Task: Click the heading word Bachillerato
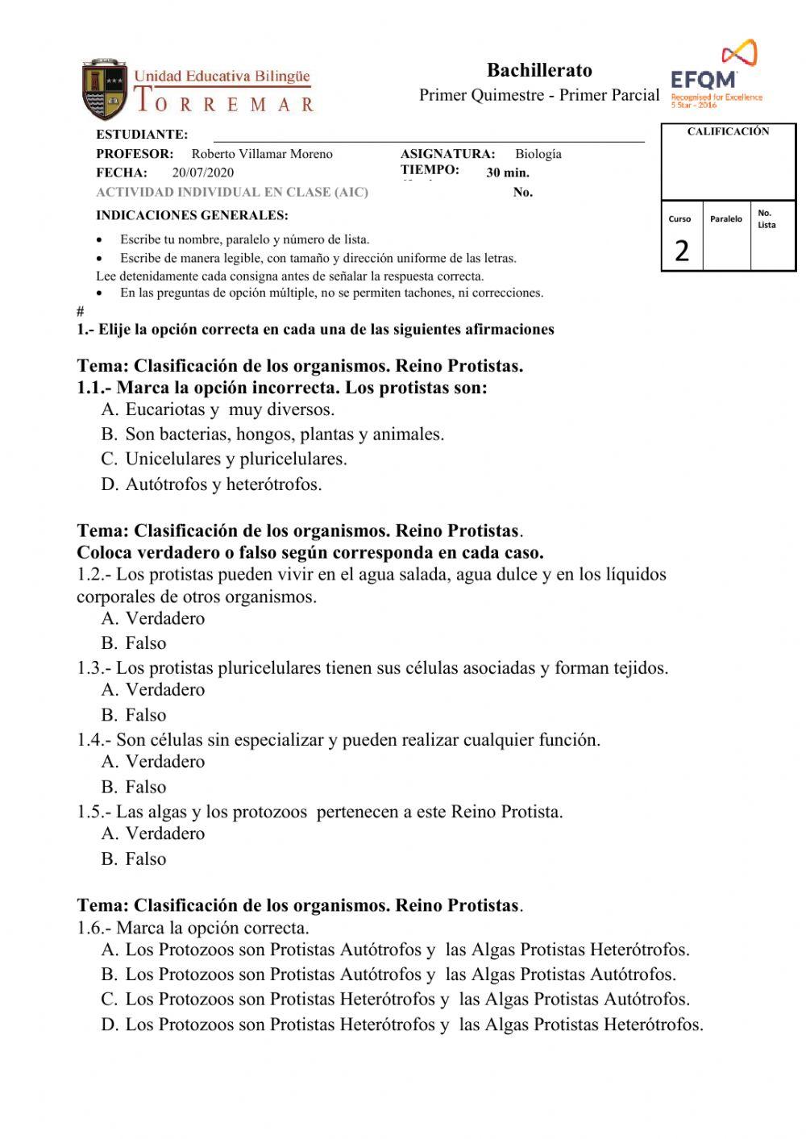pos(539,70)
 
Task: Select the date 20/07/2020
pos(203,173)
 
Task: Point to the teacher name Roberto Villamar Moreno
pos(262,154)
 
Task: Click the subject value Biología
pos(538,154)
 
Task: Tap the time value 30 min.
pos(508,173)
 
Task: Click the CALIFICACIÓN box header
pos(728,131)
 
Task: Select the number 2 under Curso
pos(682,251)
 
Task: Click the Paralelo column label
pos(726,218)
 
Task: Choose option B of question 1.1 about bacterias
pos(284,434)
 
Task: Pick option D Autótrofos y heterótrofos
pos(223,484)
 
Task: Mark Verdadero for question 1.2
pos(164,618)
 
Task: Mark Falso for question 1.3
pos(145,715)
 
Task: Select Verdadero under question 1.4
pos(164,762)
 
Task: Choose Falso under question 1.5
pos(145,859)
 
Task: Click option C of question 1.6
pos(407,1000)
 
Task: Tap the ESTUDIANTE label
pos(142,135)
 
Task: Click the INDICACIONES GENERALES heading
pos(192,215)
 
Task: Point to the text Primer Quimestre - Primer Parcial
pos(539,95)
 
